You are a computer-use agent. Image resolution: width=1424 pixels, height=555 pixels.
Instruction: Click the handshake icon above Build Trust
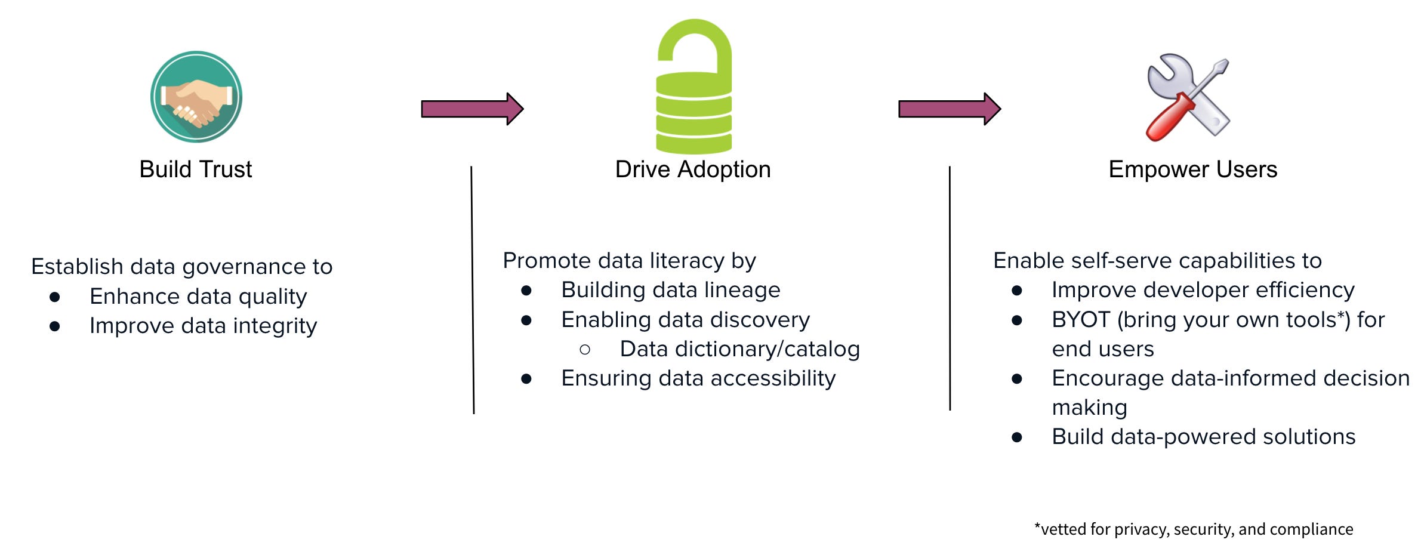tap(196, 97)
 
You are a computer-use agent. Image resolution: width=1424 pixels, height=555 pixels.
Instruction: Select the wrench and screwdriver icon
tap(1188, 97)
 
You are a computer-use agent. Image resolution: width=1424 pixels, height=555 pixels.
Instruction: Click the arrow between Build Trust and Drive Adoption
tap(471, 109)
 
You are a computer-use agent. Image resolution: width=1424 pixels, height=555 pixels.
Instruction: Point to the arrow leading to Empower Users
tap(949, 109)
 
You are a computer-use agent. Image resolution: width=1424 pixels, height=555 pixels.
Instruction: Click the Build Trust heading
tap(195, 169)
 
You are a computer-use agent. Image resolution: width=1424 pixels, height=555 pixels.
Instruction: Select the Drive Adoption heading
tap(693, 169)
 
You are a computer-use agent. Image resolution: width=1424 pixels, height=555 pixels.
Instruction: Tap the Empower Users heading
tap(1192, 169)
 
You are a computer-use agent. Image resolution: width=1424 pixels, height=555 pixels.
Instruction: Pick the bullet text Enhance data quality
tap(198, 297)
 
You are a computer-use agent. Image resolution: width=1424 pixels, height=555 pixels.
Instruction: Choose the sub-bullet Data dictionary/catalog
tap(739, 349)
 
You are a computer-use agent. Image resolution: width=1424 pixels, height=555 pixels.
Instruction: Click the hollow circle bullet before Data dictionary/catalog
tap(585, 350)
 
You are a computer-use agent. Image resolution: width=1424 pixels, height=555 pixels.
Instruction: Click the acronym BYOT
tap(1080, 320)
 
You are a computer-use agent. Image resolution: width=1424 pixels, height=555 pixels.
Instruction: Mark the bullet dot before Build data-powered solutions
tap(1017, 437)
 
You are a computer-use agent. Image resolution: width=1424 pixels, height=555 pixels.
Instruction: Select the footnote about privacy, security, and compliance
tap(1194, 529)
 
